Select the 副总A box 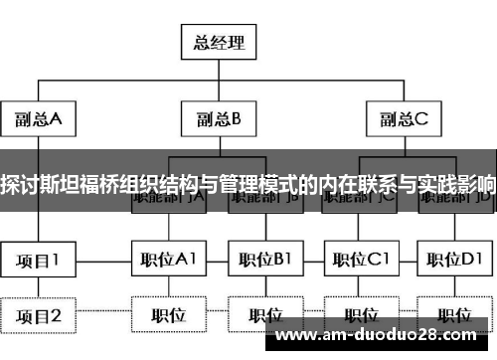(39, 120)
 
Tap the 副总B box (220, 120)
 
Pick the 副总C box (403, 120)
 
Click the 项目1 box (39, 261)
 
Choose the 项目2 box (39, 315)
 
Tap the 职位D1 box (455, 261)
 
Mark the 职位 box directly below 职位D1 (455, 315)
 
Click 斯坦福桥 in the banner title (85, 183)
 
